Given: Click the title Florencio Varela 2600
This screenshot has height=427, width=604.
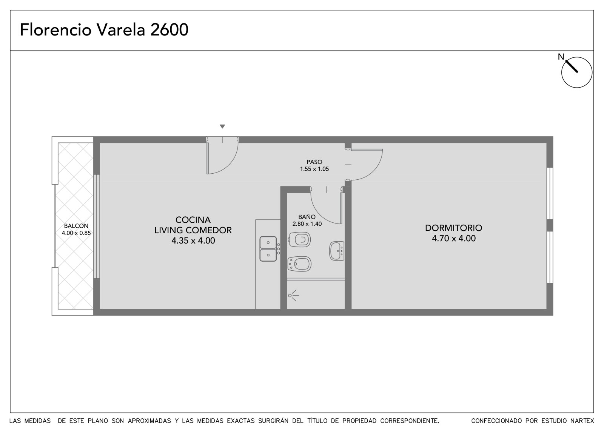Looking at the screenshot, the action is click(104, 30).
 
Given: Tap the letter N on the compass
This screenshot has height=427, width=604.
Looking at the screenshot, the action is click(561, 57).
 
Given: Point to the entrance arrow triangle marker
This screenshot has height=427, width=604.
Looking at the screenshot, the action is click(222, 126).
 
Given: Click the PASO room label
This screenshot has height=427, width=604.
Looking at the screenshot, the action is click(314, 162).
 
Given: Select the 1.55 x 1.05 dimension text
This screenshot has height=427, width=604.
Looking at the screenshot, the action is click(314, 169).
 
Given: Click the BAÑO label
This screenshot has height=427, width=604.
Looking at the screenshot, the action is click(307, 217).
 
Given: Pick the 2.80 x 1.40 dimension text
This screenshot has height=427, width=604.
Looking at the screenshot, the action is click(307, 224).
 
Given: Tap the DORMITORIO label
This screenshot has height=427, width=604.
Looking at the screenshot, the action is click(453, 228).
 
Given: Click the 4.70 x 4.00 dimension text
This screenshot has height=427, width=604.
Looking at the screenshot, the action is click(454, 238).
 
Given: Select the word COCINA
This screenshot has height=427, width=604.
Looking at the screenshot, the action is click(193, 220).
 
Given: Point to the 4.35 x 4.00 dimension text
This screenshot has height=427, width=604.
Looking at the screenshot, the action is click(193, 240).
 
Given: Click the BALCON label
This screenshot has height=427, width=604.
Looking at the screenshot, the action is click(76, 226).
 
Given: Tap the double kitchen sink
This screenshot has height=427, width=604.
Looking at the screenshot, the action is click(268, 249).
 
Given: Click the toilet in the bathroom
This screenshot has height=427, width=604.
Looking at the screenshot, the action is click(299, 239).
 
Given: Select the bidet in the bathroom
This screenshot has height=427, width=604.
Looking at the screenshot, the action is click(299, 264).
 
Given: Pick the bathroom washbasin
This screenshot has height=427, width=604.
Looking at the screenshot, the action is click(337, 251).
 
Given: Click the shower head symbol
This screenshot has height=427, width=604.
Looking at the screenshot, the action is click(293, 295).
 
